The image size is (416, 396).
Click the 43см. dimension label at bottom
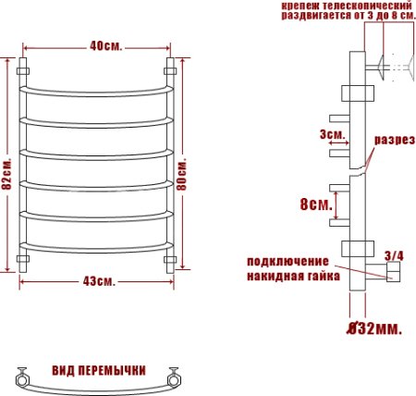tap(97, 281)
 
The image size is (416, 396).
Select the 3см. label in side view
tap(332, 135)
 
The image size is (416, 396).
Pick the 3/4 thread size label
tap(392, 255)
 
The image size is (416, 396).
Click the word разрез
tap(392, 142)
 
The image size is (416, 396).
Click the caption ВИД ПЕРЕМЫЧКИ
tap(97, 369)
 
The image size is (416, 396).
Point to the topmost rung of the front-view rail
tap(97, 90)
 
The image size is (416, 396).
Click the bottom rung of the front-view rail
tap(97, 245)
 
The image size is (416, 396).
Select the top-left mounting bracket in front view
tap(24, 69)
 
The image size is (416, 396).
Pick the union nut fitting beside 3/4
tap(392, 271)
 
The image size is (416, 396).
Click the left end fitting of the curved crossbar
tap(22, 377)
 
